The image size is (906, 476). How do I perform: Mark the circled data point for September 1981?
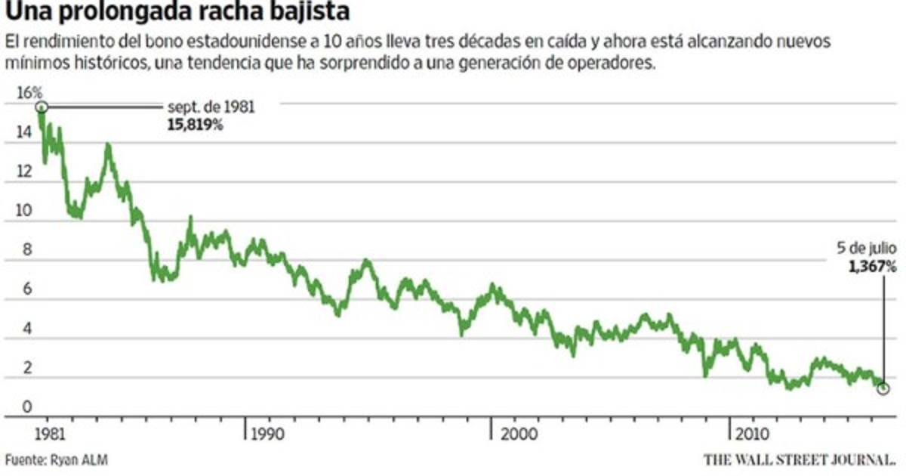[x=42, y=108]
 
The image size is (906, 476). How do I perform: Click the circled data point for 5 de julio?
[x=883, y=388]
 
